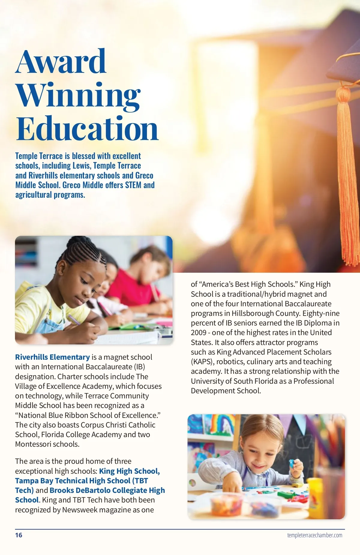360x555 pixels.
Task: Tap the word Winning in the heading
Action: (x=78, y=95)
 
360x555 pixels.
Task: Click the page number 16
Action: (x=19, y=535)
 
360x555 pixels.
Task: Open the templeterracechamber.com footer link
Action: (x=314, y=535)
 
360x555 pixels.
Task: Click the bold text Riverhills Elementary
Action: (x=52, y=357)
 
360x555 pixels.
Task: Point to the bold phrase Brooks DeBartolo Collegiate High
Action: (x=107, y=490)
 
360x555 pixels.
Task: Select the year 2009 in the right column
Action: (x=199, y=333)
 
